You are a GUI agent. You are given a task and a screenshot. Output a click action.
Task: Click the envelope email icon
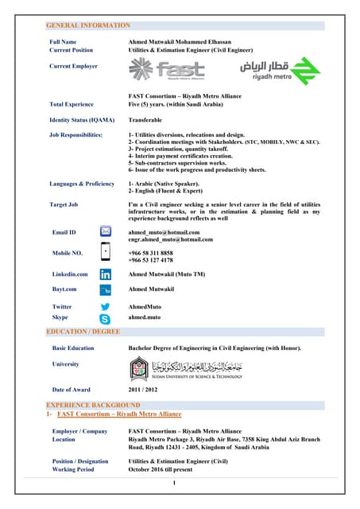[105, 231]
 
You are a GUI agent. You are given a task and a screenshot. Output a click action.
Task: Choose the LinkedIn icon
[105, 274]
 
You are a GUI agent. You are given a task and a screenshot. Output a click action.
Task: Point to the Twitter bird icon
[105, 306]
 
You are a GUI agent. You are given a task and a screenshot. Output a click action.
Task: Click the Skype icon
[105, 317]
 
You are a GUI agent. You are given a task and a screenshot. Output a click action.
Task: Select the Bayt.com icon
[105, 289]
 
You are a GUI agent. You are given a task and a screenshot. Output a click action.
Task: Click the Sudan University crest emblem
[139, 368]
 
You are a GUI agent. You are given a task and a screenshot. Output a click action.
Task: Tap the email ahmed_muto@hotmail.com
[160, 231]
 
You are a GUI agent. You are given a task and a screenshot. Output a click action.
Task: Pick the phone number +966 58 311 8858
[150, 252]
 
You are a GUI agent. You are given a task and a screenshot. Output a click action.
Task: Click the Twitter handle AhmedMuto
[145, 306]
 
